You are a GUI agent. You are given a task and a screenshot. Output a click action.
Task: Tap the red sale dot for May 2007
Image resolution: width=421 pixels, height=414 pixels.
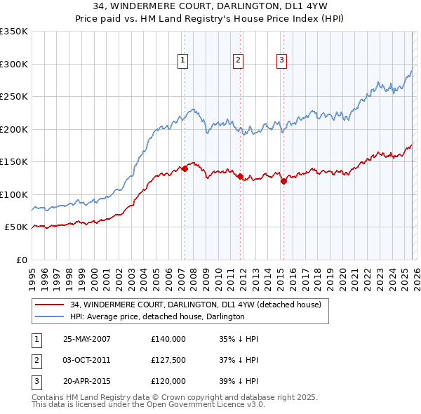(x=185, y=168)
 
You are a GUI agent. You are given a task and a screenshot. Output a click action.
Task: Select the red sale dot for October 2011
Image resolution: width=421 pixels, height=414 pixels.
(x=239, y=177)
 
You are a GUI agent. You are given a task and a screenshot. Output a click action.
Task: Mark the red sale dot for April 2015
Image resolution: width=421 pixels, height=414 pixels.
(x=283, y=182)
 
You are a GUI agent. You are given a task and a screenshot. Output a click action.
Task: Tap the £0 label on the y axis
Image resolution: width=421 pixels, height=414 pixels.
(x=21, y=260)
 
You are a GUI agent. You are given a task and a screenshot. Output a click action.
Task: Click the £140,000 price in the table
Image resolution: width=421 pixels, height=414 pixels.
(x=168, y=339)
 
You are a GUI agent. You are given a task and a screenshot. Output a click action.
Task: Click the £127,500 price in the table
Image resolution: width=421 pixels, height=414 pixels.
(x=168, y=360)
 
